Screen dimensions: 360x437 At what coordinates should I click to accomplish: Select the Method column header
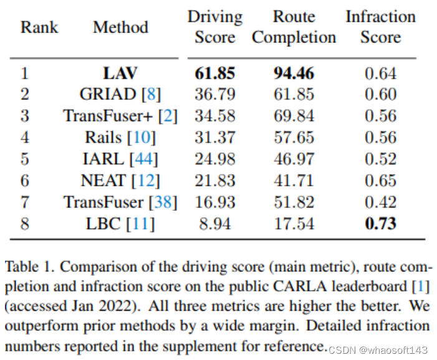(120, 27)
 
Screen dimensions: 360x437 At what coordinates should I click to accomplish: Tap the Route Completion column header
(294, 27)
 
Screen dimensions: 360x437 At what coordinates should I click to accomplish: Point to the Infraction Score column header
(380, 27)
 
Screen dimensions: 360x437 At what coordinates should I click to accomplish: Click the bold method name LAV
(120, 74)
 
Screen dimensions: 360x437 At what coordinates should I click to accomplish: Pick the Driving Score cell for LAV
(215, 74)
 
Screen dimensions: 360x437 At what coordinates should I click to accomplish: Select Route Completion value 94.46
(294, 74)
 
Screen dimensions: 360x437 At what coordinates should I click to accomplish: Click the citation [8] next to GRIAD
(151, 95)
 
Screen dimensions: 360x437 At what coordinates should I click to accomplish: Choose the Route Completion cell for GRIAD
(294, 95)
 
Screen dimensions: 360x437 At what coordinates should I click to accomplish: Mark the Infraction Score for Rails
(380, 137)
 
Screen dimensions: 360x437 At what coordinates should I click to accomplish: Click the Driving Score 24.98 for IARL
(215, 159)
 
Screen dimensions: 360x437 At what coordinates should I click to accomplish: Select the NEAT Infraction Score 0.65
(380, 180)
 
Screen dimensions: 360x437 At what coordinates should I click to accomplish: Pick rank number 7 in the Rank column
(25, 202)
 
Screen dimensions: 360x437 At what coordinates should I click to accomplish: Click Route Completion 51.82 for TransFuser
(294, 202)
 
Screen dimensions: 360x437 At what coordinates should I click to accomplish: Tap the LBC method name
(103, 223)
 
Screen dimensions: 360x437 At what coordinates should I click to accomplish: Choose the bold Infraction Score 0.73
(380, 223)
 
